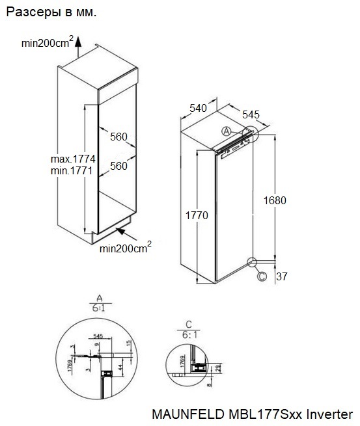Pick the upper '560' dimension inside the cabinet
(118, 137)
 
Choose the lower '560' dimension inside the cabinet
(118, 166)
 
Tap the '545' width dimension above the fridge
(251, 114)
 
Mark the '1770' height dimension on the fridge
(197, 216)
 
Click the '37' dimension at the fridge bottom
(281, 276)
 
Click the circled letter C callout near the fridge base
(262, 276)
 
